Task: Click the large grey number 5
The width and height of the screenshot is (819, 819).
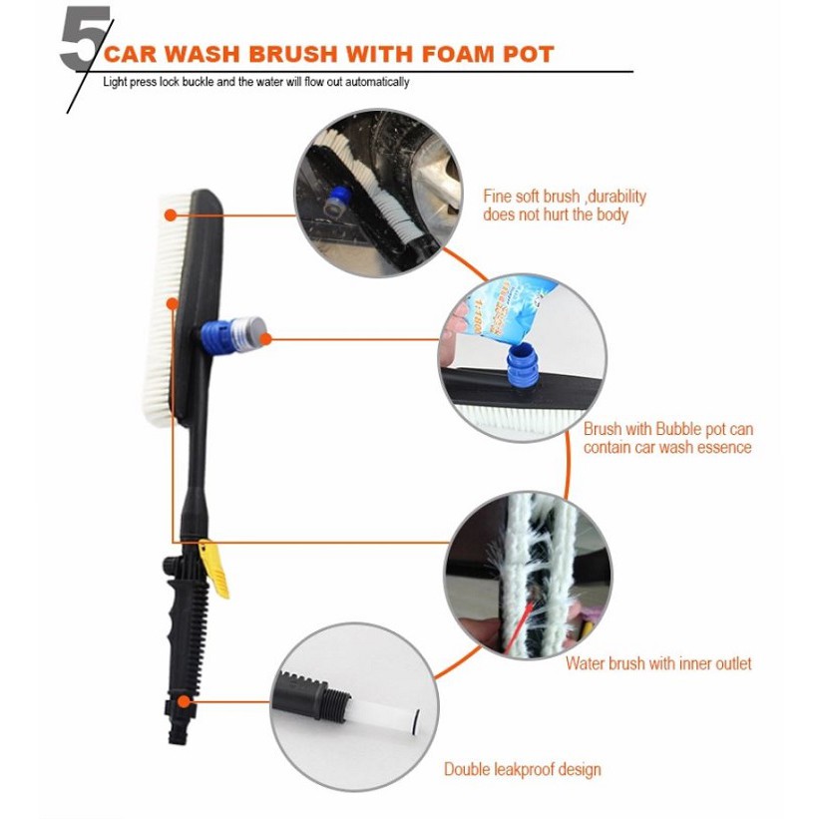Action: point(85,38)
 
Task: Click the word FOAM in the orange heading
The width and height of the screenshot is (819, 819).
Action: point(458,54)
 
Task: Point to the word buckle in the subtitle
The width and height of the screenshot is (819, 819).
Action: point(198,82)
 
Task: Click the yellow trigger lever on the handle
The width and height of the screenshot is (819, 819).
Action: point(214,568)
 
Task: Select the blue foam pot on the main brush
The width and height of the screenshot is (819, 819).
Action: point(232,335)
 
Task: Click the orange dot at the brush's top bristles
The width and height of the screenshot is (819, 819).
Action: point(171,214)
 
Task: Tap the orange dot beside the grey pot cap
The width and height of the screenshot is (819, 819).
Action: point(266,339)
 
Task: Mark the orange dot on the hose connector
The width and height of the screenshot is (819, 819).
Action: point(183,701)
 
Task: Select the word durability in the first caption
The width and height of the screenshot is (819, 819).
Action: point(618,197)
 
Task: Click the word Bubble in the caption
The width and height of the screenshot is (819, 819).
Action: point(679,429)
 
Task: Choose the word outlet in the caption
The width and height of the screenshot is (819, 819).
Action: point(732,663)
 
